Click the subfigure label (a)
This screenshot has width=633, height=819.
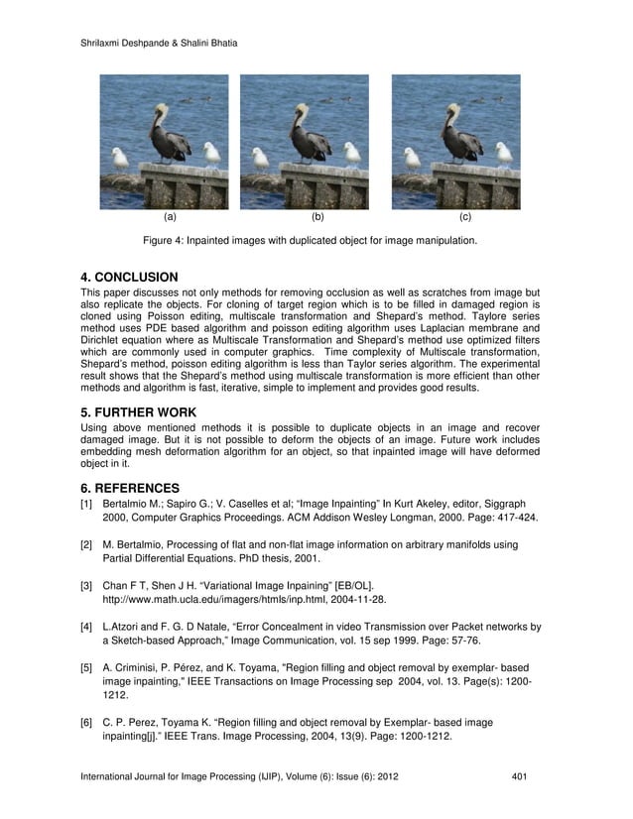[x=170, y=215]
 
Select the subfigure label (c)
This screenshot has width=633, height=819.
[x=465, y=215]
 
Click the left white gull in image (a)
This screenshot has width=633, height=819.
[x=119, y=159]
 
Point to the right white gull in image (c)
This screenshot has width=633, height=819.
[x=503, y=153]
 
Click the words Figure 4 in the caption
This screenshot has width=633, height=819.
[x=168, y=240]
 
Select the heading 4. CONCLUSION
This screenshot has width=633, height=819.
[x=129, y=277]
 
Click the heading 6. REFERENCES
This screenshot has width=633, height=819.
[x=130, y=488]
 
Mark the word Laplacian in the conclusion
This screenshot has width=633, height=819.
[x=434, y=326]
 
